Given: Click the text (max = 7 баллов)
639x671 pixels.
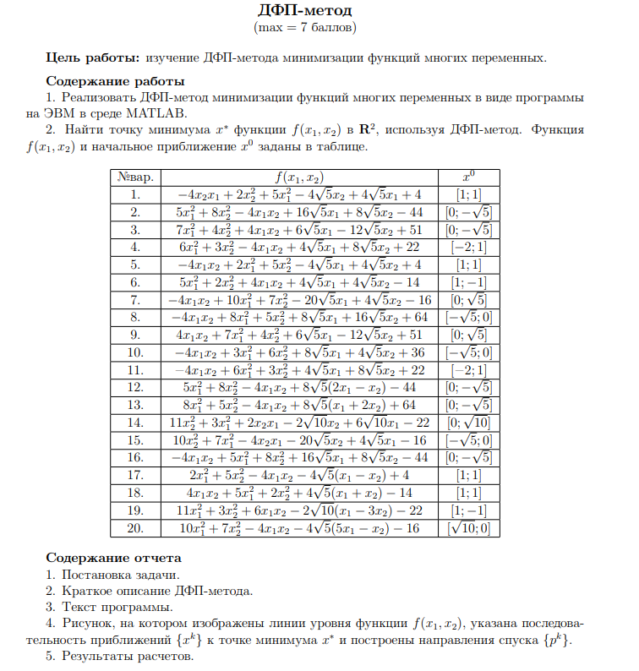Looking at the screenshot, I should [304, 27].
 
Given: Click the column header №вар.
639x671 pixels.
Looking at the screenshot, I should [136, 177].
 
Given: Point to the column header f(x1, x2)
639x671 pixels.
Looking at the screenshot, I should [300, 177].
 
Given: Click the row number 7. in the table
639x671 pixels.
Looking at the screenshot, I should [136, 300].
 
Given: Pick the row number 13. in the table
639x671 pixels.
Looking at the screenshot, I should [136, 405].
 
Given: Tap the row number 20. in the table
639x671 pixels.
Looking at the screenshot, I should [136, 527].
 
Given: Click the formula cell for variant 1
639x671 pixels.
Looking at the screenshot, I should [300, 194].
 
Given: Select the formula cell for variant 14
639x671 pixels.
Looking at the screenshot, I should [300, 423].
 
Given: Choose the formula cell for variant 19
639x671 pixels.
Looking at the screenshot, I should [300, 510].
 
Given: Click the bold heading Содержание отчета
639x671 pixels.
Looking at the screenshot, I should [113, 558].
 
